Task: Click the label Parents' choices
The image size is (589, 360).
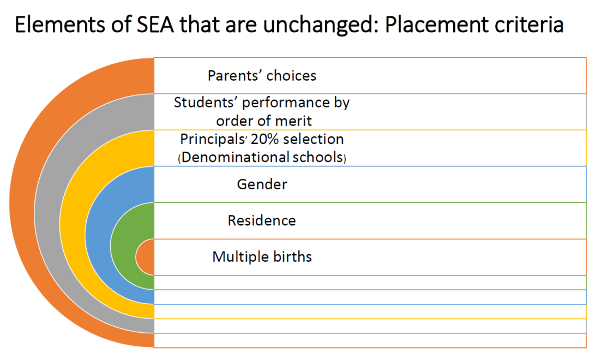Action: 262,75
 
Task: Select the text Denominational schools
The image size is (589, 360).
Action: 262,158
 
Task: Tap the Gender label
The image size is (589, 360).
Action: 262,184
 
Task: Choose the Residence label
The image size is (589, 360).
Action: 262,220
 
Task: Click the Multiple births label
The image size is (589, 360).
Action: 262,256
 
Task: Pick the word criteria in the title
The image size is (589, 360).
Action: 532,26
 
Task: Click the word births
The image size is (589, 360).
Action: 292,256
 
